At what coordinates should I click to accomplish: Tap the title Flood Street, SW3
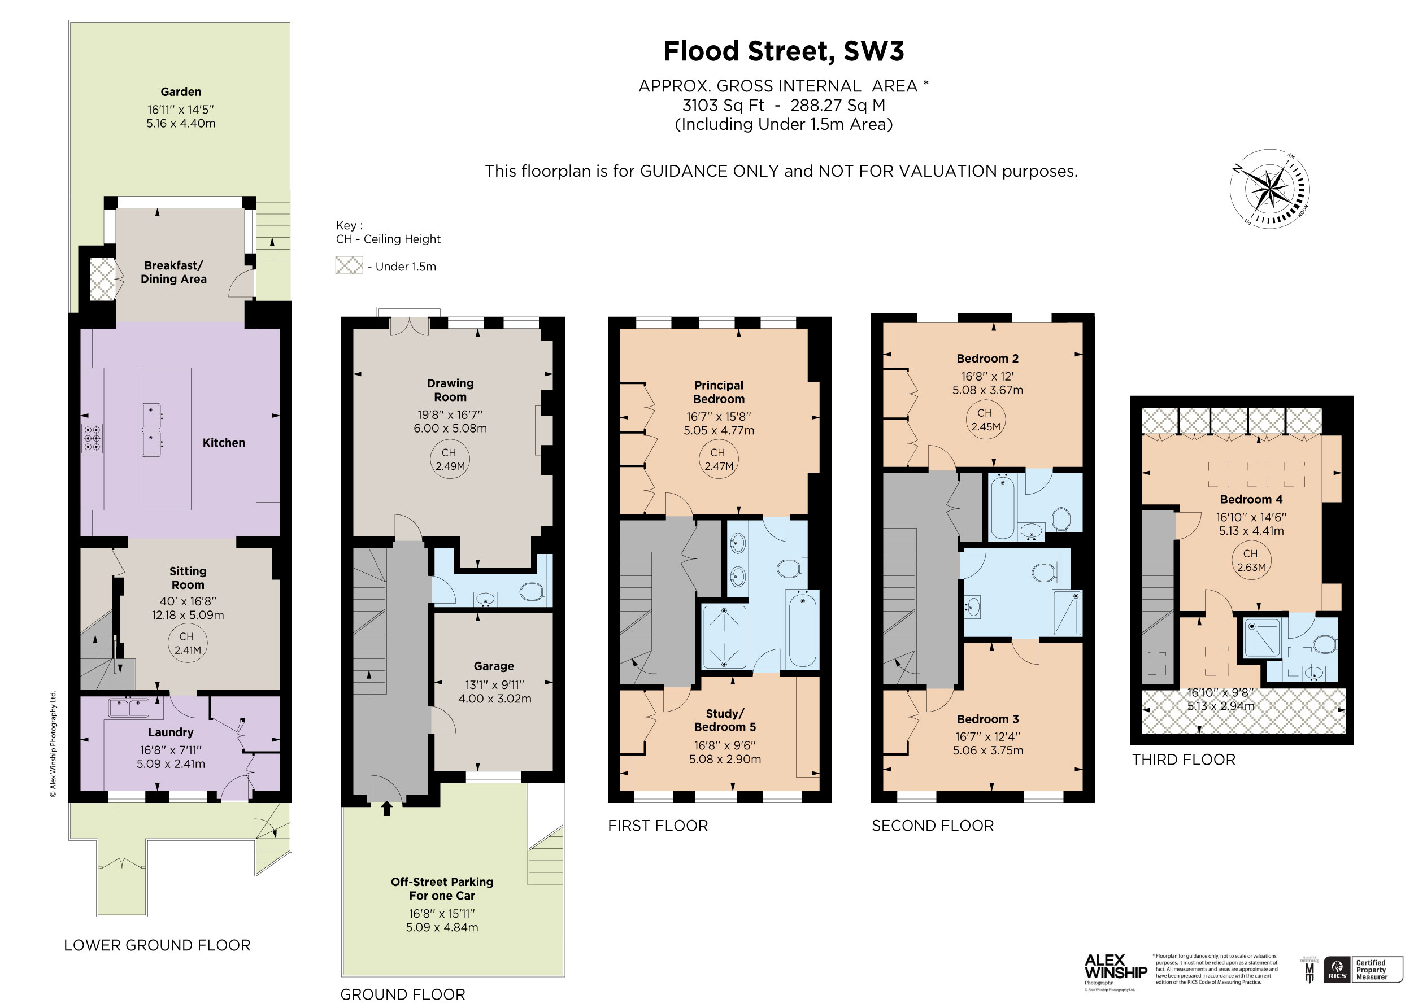(783, 51)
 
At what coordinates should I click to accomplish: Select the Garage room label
(494, 666)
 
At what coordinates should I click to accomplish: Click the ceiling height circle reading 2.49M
(449, 460)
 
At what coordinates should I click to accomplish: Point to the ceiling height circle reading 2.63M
(1251, 561)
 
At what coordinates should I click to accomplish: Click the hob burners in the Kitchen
(93, 438)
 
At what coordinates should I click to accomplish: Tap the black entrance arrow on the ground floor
(386, 808)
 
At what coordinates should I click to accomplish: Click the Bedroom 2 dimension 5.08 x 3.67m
(987, 390)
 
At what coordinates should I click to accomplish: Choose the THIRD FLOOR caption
(1184, 760)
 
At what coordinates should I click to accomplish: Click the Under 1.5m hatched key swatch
(349, 265)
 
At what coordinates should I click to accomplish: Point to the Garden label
(181, 92)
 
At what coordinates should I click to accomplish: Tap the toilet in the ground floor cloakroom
(532, 591)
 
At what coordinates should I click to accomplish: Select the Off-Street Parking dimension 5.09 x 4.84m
(442, 927)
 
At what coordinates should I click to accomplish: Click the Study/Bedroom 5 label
(725, 720)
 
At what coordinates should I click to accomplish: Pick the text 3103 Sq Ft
(723, 105)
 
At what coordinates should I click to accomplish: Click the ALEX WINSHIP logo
(1115, 967)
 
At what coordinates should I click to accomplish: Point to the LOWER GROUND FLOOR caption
(157, 945)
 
